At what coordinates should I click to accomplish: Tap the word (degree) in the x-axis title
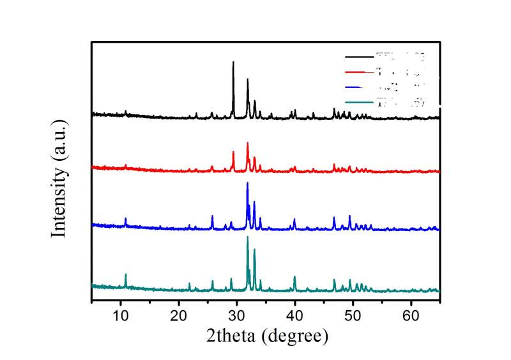click(x=297, y=335)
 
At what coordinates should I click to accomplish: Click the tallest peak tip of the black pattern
click(x=233, y=62)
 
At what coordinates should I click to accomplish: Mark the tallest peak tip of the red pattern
click(x=247, y=142)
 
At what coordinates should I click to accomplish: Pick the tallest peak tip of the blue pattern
click(x=247, y=183)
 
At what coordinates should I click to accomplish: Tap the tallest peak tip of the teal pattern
click(x=247, y=237)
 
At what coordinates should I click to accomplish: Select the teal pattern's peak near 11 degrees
click(x=125, y=274)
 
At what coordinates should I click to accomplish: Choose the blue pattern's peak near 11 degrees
click(x=125, y=218)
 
